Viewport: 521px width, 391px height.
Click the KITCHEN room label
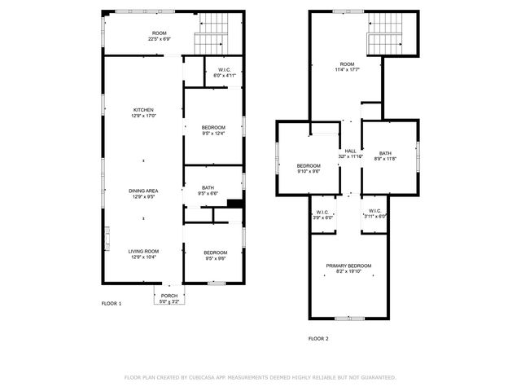[x=143, y=110]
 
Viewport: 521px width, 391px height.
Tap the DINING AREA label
[x=143, y=191]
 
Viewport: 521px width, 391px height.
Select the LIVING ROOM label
[x=143, y=252]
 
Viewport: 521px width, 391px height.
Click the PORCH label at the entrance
[x=169, y=296]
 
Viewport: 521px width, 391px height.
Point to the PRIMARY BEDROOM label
[x=348, y=266]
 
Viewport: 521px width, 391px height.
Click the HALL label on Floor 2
[x=350, y=151]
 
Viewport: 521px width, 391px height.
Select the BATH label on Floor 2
[x=385, y=153]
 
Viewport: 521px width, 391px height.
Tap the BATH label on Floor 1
[x=208, y=188]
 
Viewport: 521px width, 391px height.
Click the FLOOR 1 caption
[x=111, y=304]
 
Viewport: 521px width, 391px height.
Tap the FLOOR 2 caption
[x=317, y=337]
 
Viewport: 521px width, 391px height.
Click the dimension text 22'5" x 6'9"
[x=159, y=39]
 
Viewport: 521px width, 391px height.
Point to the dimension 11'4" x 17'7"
[x=347, y=69]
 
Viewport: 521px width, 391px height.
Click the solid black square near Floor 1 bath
[x=235, y=204]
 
